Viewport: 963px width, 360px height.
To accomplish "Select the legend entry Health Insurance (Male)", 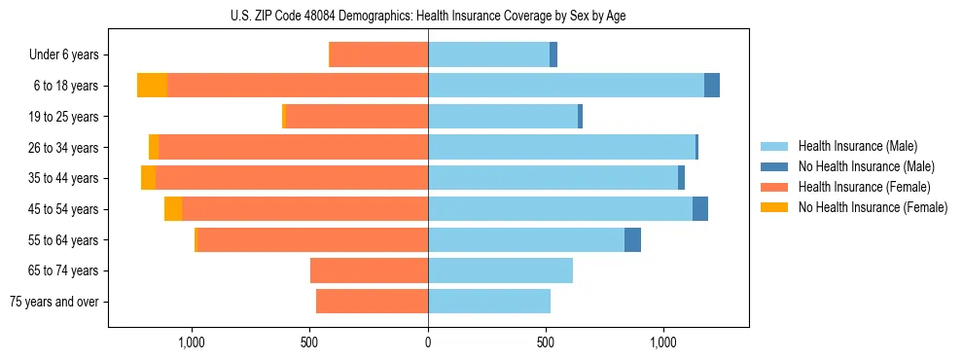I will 856,146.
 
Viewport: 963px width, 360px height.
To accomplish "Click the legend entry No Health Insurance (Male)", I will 865,166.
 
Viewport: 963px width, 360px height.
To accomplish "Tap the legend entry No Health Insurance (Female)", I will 873,207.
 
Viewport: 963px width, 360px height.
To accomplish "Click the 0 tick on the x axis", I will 428,342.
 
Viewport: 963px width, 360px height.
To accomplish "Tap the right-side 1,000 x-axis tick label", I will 663,342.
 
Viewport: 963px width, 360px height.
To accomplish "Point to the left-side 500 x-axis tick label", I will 309,342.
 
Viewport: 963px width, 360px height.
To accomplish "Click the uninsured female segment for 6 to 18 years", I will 152,86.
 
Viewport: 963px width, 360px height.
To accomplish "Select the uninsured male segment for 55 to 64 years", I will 632,239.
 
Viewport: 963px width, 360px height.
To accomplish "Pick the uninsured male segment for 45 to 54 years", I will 700,209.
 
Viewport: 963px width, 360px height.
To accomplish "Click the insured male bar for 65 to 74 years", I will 500,270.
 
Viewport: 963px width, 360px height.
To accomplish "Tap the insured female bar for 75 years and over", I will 372,302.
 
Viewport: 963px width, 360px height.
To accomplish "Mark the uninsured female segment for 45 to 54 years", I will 173,209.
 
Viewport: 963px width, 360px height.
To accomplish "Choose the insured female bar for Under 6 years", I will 379,54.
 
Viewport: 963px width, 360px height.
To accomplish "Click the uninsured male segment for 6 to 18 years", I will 712,86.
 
